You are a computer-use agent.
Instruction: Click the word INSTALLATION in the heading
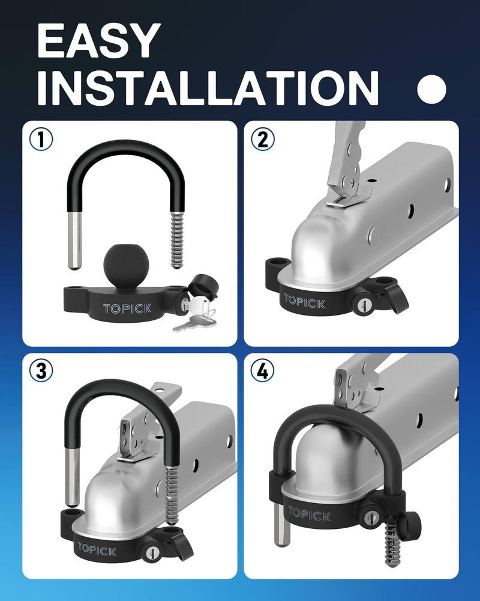[x=207, y=88]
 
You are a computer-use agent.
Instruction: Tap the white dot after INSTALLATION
[x=431, y=89]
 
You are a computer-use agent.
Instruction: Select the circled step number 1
[x=41, y=139]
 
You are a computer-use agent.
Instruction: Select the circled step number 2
[x=262, y=139]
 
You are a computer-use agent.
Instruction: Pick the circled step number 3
[x=41, y=371]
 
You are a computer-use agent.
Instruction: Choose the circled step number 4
[x=262, y=371]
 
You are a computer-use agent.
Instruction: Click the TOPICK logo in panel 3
[x=97, y=549]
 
